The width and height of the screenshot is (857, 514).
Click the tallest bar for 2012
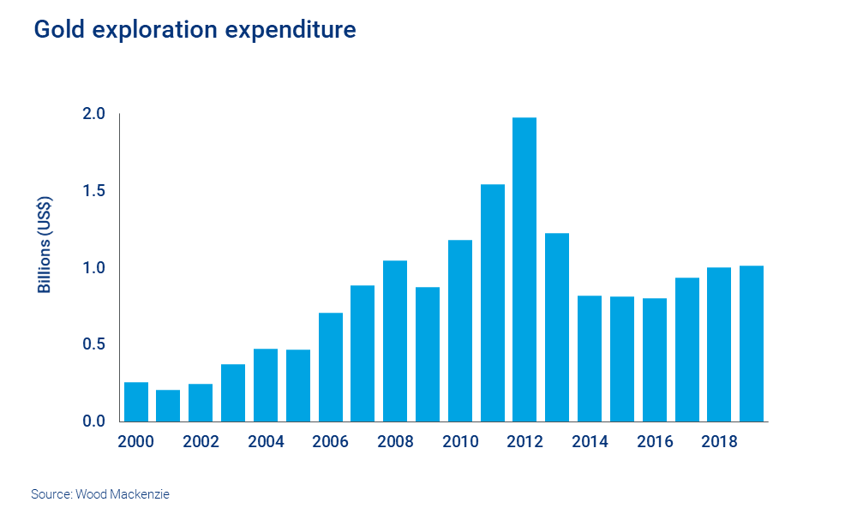pos(524,270)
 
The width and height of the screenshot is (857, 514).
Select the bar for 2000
pos(136,402)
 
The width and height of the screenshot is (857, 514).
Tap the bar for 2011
pos(493,303)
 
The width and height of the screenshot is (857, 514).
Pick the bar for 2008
pos(395,341)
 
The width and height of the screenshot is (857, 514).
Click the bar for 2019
pos(752,344)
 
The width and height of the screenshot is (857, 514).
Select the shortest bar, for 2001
pos(168,406)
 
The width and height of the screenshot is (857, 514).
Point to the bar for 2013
pos(557,327)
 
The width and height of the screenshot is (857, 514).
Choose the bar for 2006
pos(331,368)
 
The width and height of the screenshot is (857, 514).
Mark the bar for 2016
pos(654,360)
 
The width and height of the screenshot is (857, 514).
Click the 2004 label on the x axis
pos(266,442)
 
